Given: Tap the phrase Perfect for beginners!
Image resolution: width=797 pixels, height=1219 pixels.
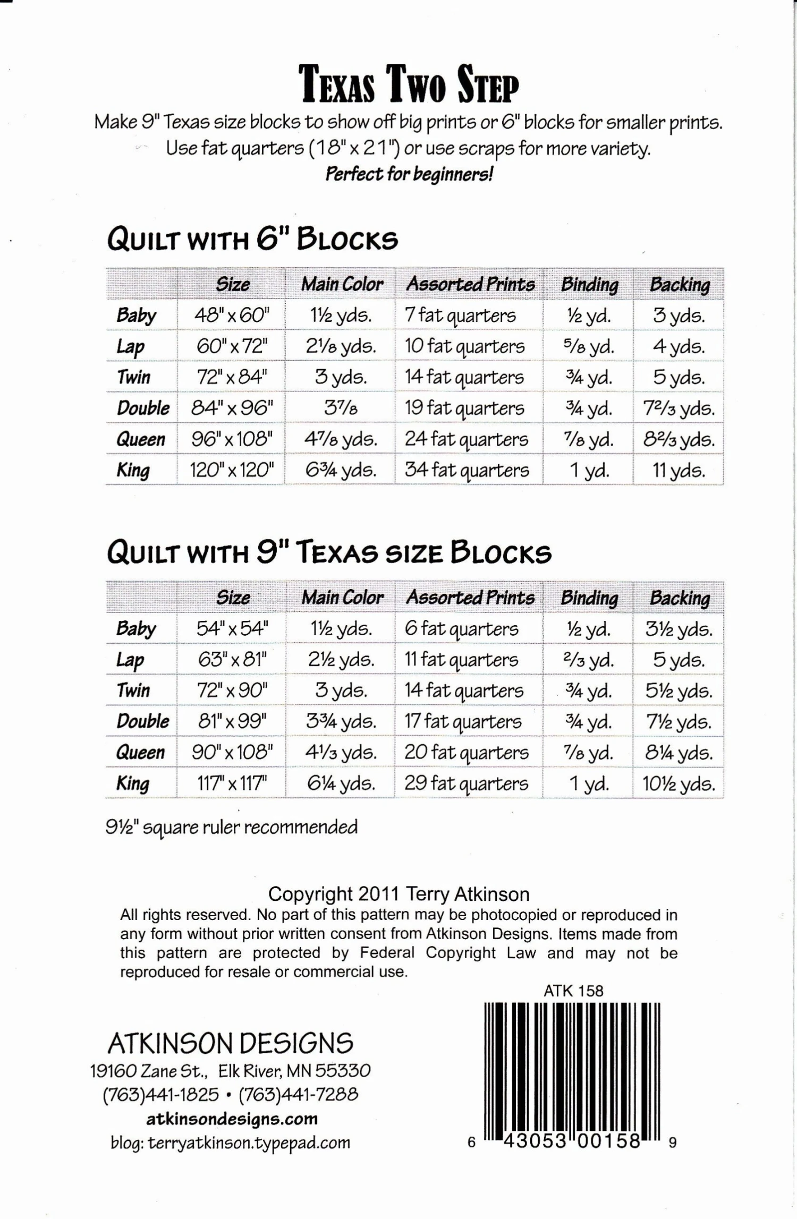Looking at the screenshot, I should [x=409, y=174].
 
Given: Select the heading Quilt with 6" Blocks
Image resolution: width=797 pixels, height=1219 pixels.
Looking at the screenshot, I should [x=252, y=240].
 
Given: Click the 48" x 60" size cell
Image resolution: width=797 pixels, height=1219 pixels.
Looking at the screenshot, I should [x=232, y=316].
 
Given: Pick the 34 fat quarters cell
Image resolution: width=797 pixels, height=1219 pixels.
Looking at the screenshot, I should [x=467, y=470].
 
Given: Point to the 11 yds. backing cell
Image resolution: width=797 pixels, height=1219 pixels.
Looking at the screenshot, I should [x=679, y=471].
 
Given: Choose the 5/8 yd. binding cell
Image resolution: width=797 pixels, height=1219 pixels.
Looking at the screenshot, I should [x=589, y=346].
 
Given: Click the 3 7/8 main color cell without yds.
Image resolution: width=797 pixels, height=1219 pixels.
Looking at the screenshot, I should [x=341, y=408].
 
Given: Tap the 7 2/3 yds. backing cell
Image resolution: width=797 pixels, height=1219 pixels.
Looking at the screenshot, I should [x=679, y=408].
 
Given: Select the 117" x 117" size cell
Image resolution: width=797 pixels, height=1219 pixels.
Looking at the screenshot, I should [x=232, y=783].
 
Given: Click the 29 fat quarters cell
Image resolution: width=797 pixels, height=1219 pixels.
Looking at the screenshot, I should [x=467, y=783].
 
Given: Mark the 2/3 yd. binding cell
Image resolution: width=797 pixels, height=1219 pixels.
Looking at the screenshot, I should [x=589, y=660].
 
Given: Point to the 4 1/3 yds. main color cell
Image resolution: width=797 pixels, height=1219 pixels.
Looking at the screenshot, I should [x=341, y=753].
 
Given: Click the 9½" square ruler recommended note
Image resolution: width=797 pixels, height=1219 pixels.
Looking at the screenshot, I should [x=232, y=827].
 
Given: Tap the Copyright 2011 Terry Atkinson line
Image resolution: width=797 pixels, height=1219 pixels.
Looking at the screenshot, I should [x=398, y=894].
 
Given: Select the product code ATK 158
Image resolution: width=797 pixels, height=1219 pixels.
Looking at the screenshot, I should [x=573, y=991].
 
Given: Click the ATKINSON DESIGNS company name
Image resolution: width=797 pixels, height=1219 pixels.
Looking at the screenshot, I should [x=231, y=1044].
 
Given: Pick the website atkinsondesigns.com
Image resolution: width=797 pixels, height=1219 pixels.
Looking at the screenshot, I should [x=232, y=1119].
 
